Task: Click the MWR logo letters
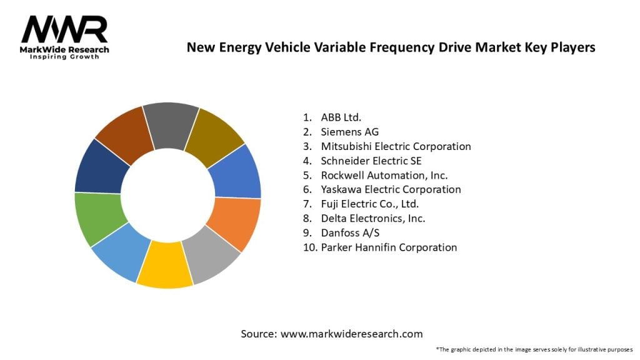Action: [x=64, y=29]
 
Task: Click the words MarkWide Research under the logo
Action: [x=64, y=49]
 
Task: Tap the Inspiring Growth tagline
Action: [x=64, y=57]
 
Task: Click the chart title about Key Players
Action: [x=391, y=47]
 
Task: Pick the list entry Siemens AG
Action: [x=349, y=132]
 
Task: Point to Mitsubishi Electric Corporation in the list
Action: [x=396, y=146]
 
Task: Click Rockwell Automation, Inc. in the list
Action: [x=384, y=175]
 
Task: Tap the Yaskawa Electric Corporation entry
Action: [x=391, y=189]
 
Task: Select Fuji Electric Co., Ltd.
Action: [x=369, y=204]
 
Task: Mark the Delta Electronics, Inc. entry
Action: [x=373, y=218]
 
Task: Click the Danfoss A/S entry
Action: [x=350, y=232]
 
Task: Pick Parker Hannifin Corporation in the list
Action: [x=389, y=247]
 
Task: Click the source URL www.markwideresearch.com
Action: [x=351, y=334]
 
